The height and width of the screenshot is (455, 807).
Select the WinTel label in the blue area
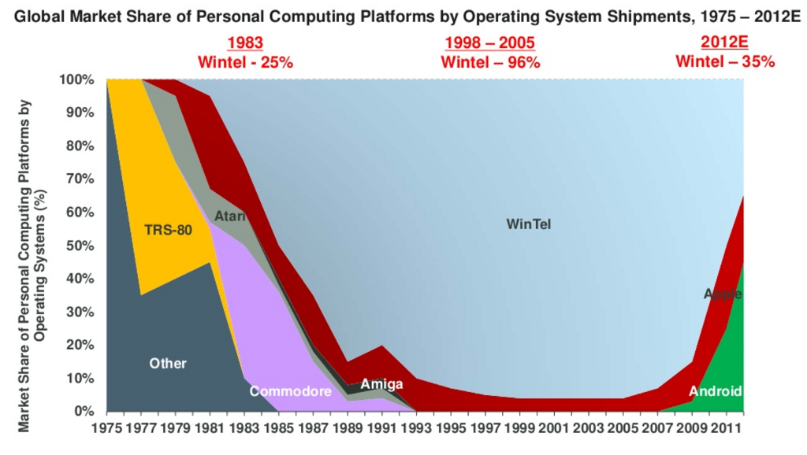coord(529,224)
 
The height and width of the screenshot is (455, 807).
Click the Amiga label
coord(381,384)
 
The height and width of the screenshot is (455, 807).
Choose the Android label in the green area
coord(716,391)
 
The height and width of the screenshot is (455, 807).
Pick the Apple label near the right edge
coord(723,294)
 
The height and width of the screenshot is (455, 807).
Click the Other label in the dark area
coord(168,364)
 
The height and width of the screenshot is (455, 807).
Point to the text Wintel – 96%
coord(490,62)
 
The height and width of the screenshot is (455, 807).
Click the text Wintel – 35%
coord(725,62)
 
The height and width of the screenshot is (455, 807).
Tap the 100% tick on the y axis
coord(76,80)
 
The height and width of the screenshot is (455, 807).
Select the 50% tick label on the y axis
coord(80,246)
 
